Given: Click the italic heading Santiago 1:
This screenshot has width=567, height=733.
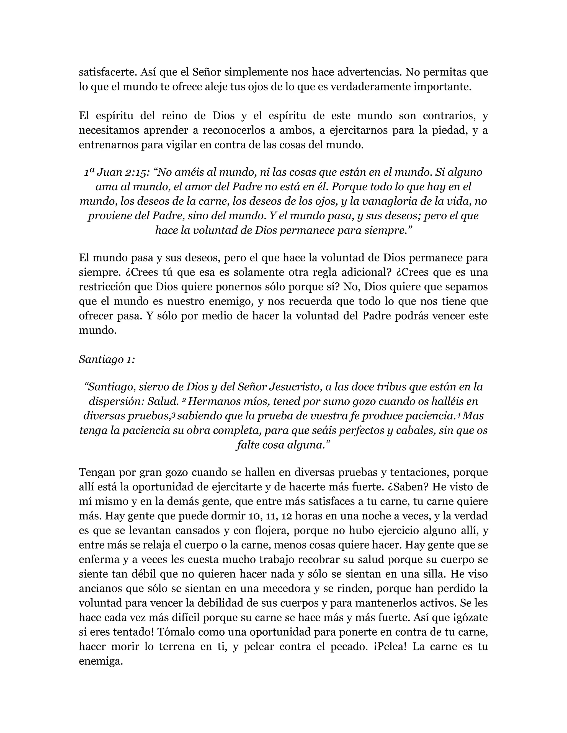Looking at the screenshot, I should click(x=107, y=360).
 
